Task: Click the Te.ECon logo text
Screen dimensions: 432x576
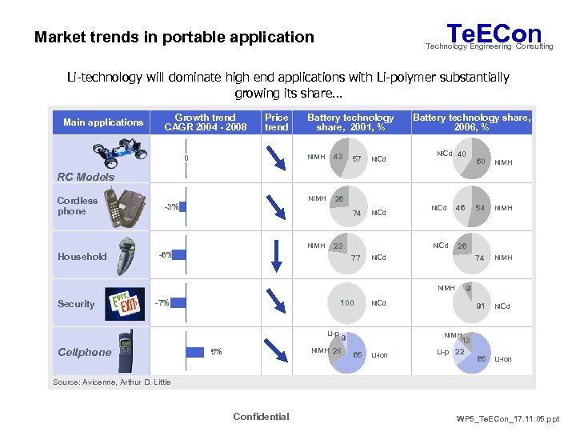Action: click(494, 34)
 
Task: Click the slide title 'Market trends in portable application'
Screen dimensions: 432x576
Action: click(174, 37)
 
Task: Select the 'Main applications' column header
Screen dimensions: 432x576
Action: click(103, 122)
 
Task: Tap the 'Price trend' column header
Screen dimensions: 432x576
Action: click(277, 122)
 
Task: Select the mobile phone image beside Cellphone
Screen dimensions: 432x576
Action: click(127, 350)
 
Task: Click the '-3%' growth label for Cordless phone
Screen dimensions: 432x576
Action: click(170, 206)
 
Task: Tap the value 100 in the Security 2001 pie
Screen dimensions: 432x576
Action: click(347, 303)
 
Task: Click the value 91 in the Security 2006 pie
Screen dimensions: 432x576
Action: click(480, 306)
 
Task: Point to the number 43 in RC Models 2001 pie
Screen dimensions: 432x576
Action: click(338, 156)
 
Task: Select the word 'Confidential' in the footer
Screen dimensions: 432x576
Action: click(261, 416)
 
